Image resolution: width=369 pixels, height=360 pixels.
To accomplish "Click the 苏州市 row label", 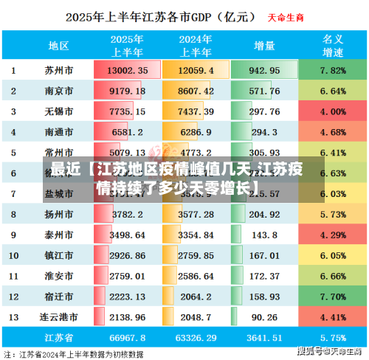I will pyautogui.click(x=59, y=70).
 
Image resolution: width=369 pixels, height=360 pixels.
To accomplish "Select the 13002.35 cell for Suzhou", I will pyautogui.click(x=128, y=70).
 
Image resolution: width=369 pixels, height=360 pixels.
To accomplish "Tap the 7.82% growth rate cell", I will pyautogui.click(x=334, y=70).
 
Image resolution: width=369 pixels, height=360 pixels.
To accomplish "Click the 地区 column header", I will pyautogui.click(x=59, y=45).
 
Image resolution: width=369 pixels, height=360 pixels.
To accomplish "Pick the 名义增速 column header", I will pyautogui.click(x=334, y=45).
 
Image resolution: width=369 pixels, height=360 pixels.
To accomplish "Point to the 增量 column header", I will pyautogui.click(x=264, y=45).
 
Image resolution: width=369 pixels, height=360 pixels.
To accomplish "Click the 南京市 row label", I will pyautogui.click(x=59, y=91).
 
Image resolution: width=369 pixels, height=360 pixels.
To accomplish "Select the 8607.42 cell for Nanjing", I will pyautogui.click(x=196, y=91).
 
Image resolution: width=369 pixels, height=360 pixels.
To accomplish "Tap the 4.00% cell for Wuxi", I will pyautogui.click(x=334, y=111).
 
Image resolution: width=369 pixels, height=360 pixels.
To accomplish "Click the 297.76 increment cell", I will pyautogui.click(x=264, y=111).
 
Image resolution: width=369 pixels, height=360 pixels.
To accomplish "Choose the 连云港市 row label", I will pyautogui.click(x=59, y=316).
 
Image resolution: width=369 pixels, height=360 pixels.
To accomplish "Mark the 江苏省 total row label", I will pyautogui.click(x=59, y=337).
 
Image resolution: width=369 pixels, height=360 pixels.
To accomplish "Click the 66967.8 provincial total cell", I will pyautogui.click(x=128, y=337).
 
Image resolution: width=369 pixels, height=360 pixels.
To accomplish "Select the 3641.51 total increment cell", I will pyautogui.click(x=264, y=337).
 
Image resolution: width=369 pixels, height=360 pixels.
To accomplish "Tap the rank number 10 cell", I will pyautogui.click(x=13, y=255).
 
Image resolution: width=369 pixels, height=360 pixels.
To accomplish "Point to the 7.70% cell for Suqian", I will pyautogui.click(x=334, y=296).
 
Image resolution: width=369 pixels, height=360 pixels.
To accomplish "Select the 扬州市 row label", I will pyautogui.click(x=59, y=215).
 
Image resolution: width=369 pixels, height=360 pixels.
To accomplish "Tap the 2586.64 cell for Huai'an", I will pyautogui.click(x=196, y=275).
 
